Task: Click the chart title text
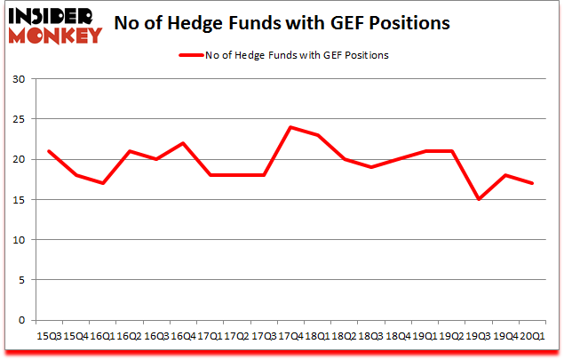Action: [300, 23]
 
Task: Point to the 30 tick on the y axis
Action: [18, 79]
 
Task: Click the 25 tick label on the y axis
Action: [18, 119]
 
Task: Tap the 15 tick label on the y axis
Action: [18, 200]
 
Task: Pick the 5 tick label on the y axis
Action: [21, 280]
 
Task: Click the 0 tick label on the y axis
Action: [21, 320]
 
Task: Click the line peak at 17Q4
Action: [290, 127]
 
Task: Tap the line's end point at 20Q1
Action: [533, 183]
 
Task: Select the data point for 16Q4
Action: [182, 143]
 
